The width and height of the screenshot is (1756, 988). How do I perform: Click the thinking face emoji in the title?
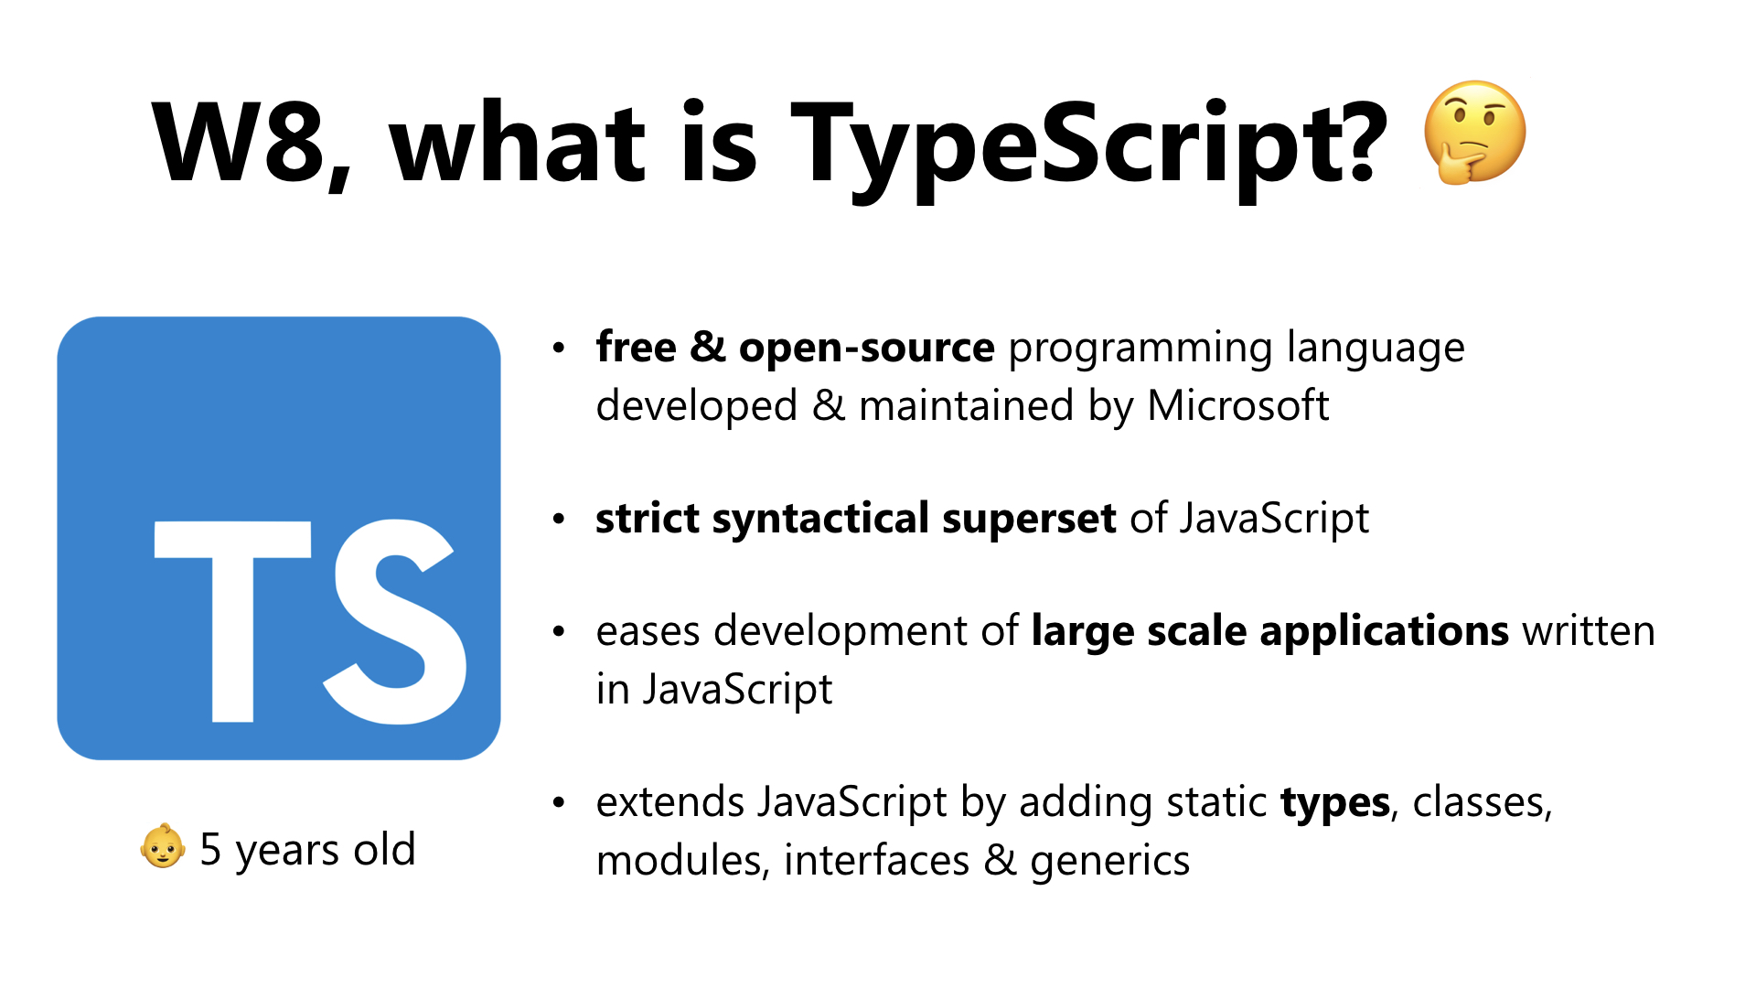point(1474,134)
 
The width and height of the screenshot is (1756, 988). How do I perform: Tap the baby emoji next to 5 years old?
point(163,846)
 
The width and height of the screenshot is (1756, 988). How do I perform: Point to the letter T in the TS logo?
point(233,621)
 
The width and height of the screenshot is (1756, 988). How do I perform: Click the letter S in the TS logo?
point(394,621)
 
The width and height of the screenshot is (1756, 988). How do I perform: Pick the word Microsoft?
point(1237,405)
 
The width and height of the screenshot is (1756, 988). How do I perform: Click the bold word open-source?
point(866,348)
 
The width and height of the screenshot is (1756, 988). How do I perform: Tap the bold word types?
point(1335,803)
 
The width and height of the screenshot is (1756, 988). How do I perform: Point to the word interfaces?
point(876,860)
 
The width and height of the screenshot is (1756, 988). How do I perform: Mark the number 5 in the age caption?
point(210,849)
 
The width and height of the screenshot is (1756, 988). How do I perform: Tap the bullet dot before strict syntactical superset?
point(560,520)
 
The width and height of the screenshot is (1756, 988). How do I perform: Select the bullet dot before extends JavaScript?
point(560,803)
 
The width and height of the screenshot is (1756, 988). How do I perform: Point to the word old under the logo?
point(384,848)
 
